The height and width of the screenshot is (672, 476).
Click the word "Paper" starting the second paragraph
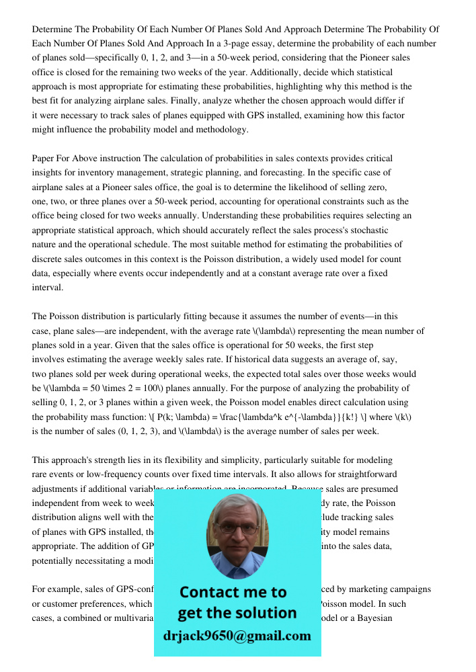point(44,159)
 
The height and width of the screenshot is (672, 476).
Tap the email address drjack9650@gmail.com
point(237,635)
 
